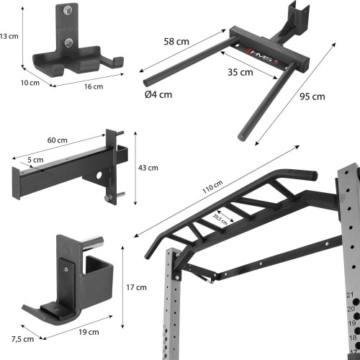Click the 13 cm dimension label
tap(9, 37)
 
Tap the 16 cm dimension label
tap(94, 86)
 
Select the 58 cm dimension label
tap(176, 42)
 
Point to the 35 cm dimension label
tap(240, 72)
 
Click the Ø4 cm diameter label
tap(158, 94)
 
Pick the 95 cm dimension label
tap(312, 96)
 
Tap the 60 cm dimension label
tap(58, 140)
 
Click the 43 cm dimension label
tap(148, 168)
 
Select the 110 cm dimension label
tap(212, 186)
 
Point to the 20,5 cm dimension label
tap(220, 220)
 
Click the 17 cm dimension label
tap(136, 287)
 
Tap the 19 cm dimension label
tap(89, 332)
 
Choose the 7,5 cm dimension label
tap(22, 339)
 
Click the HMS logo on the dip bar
tap(264, 57)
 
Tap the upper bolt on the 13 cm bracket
tap(68, 10)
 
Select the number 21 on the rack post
tap(350, 295)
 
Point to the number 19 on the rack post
tap(352, 323)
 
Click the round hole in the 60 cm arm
tap(99, 176)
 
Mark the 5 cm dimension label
tap(35, 160)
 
